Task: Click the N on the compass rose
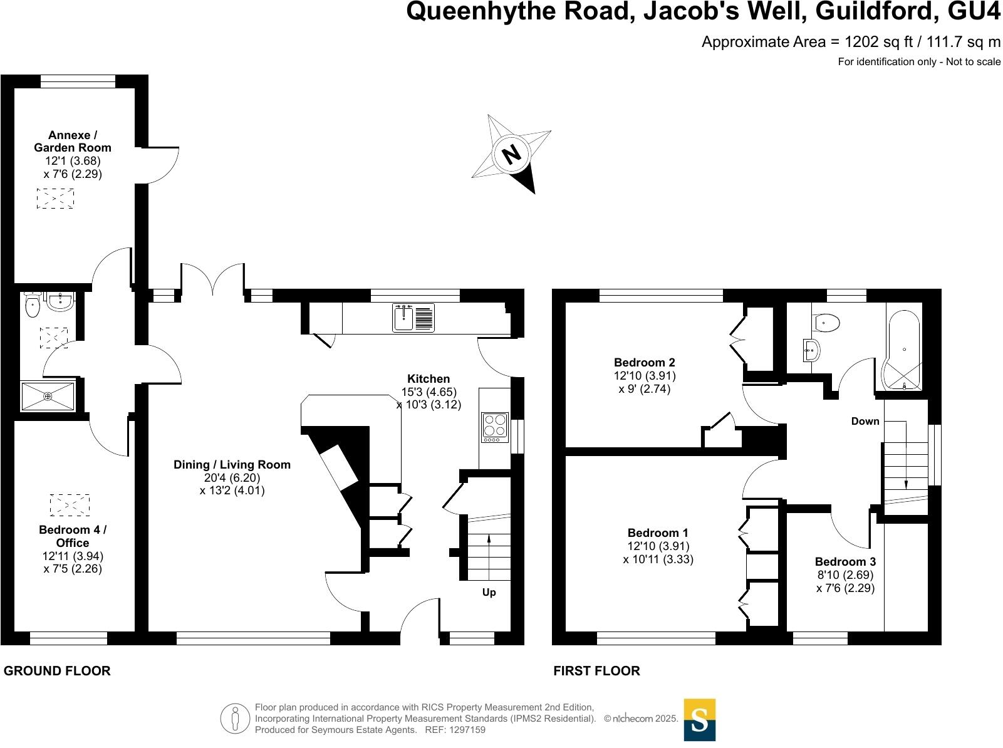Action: [x=512, y=153]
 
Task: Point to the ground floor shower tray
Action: [x=48, y=396]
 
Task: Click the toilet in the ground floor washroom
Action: [x=33, y=305]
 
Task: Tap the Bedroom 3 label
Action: [x=845, y=561]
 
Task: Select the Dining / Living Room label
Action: [x=232, y=464]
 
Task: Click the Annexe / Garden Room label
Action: [x=73, y=141]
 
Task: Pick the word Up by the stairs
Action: [x=489, y=592]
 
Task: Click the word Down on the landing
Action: [x=865, y=421]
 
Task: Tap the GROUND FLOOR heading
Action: [x=57, y=670]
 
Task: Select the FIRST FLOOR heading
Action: [x=596, y=670]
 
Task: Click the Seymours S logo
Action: [x=699, y=720]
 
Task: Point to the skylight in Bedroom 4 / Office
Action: [x=70, y=504]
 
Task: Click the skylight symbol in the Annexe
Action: [x=55, y=199]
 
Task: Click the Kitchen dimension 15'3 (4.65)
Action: [x=429, y=392]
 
